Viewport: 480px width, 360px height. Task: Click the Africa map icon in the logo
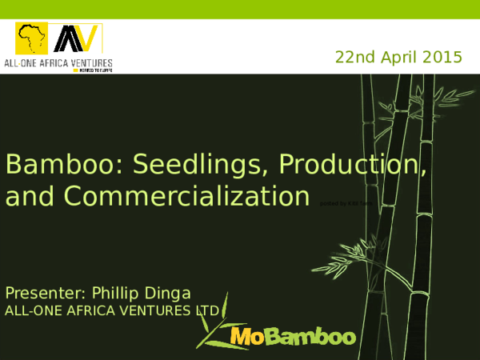[x=33, y=39]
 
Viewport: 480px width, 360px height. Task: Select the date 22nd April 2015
[x=398, y=57]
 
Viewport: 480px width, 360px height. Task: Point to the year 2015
[x=444, y=57]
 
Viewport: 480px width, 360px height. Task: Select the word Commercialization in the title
[x=186, y=195]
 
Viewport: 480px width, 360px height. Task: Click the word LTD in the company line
[x=207, y=310]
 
